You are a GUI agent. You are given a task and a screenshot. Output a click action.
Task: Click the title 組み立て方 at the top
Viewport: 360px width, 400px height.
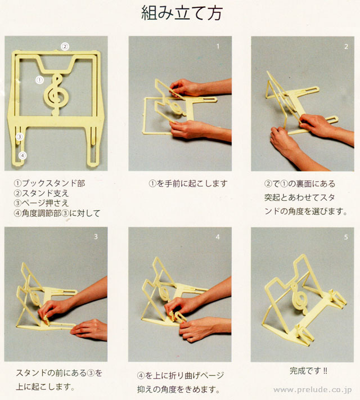182,13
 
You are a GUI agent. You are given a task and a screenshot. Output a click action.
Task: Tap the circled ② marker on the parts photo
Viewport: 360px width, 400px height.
65,47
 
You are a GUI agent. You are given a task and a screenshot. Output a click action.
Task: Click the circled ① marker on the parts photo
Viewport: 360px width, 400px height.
39,80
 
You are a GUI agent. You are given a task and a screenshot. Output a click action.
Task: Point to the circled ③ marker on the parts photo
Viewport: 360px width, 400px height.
19,137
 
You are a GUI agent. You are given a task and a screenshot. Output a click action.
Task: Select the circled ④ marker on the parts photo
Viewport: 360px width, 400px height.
22,155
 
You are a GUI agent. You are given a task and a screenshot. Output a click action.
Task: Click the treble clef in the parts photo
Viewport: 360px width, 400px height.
56,95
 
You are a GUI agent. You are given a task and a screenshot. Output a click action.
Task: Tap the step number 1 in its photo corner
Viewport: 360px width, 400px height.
218,46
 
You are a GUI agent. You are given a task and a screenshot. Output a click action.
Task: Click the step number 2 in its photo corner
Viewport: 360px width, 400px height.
346,47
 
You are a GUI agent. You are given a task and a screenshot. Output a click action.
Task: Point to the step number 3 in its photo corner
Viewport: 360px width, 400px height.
96,237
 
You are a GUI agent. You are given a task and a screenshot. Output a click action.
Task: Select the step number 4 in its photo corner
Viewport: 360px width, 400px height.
218,237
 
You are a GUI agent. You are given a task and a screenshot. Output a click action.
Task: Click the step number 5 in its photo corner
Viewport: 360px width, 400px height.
346,237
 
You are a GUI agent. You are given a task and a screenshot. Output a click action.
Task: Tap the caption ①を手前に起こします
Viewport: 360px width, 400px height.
188,183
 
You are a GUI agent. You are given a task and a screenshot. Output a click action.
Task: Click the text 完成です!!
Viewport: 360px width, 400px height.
308,370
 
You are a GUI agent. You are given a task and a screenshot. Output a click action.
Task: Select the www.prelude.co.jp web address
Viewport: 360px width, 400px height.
313,390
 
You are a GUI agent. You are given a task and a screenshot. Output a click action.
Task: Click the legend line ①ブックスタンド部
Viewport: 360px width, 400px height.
49,183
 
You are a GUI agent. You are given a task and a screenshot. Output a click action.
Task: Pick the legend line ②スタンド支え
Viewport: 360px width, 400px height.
41,193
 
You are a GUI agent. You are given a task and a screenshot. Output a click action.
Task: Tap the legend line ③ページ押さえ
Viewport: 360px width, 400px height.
41,203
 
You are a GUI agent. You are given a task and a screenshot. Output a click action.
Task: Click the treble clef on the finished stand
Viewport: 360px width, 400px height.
300,299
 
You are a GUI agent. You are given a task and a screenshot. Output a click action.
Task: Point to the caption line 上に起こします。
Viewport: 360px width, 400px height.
45,386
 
